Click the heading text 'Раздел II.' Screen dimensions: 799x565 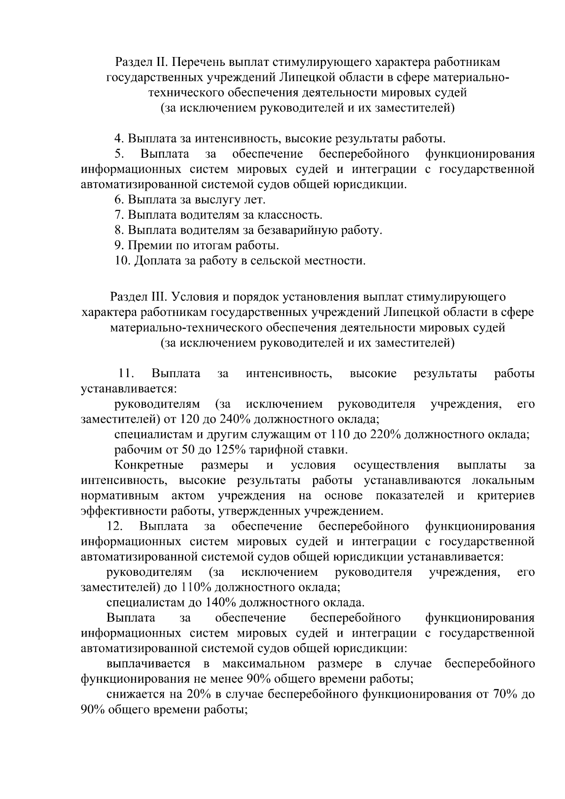(x=141, y=62)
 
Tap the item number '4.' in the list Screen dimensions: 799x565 (x=119, y=139)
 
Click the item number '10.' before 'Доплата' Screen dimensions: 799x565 (x=123, y=261)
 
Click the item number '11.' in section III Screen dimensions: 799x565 (x=126, y=374)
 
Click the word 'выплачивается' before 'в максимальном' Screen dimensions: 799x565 (x=148, y=664)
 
